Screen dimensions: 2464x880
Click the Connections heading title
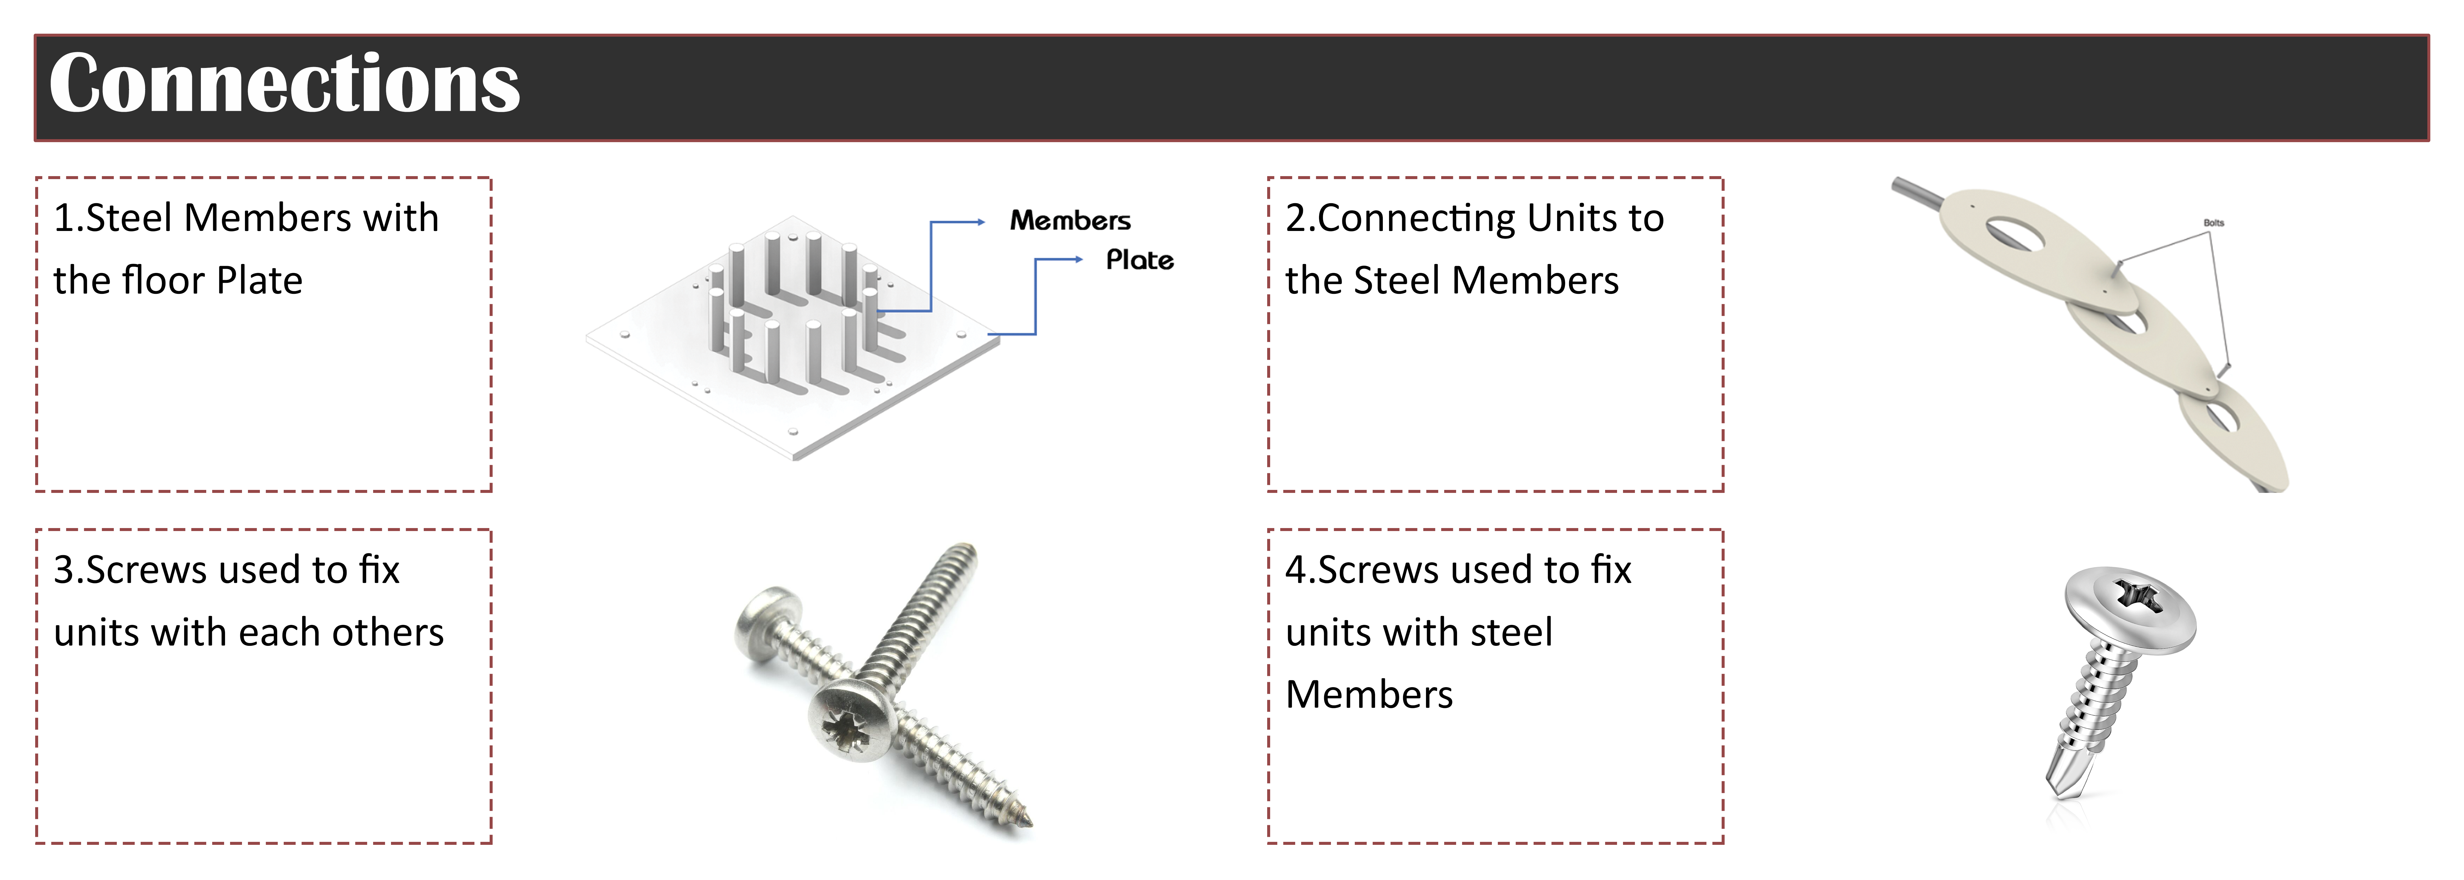pyautogui.click(x=284, y=84)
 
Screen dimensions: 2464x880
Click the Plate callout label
pyautogui.click(x=1139, y=260)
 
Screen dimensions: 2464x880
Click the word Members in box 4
pyautogui.click(x=1369, y=694)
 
